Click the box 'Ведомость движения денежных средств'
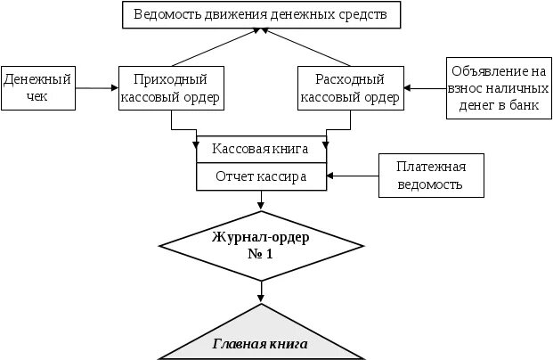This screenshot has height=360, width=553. click(x=260, y=14)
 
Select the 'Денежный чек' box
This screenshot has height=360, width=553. click(x=37, y=87)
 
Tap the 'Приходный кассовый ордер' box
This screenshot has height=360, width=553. click(x=169, y=87)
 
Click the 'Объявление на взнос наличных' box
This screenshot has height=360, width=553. click(x=497, y=87)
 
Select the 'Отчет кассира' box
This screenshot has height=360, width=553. click(x=261, y=176)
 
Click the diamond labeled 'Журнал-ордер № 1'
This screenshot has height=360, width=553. click(x=261, y=245)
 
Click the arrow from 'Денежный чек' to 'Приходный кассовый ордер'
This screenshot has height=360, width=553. click(x=95, y=87)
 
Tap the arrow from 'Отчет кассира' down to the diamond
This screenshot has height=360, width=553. click(x=261, y=201)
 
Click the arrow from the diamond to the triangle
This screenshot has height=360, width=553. click(x=261, y=290)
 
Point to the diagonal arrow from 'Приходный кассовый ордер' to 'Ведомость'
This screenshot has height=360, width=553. click(x=214, y=46)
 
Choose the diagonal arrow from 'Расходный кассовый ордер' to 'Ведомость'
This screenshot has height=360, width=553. click(x=307, y=46)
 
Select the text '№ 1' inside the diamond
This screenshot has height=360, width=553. click(x=260, y=253)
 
